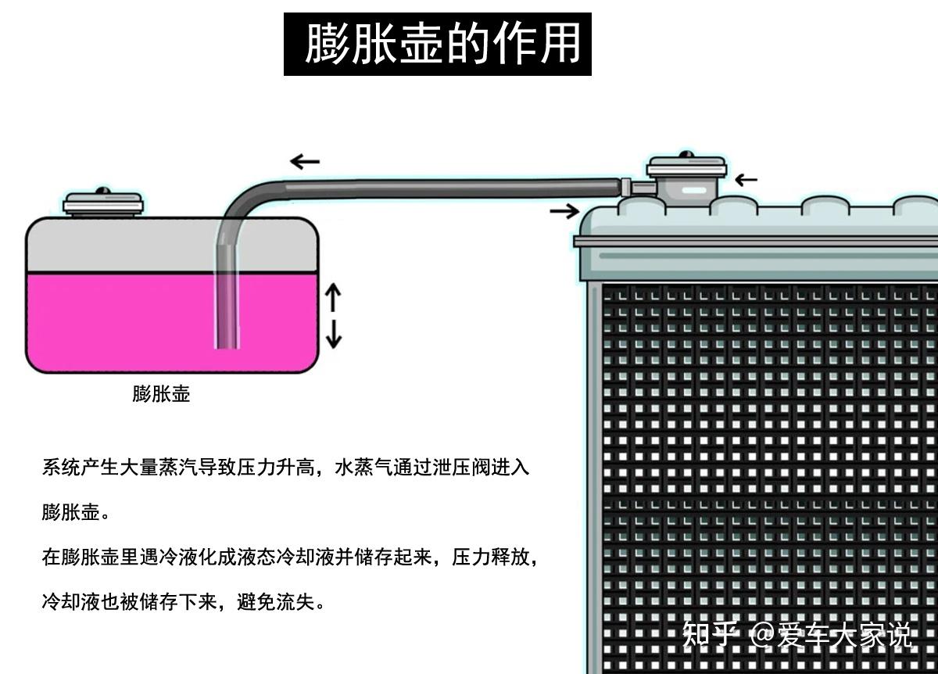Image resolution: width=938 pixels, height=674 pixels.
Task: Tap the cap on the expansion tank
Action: [x=102, y=203]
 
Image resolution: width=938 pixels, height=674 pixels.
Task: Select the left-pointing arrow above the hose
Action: [x=305, y=162]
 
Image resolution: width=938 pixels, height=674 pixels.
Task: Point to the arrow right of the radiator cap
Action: [x=746, y=180]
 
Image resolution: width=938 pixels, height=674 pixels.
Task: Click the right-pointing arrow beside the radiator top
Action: [x=564, y=210]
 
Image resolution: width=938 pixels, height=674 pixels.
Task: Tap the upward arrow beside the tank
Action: [x=334, y=296]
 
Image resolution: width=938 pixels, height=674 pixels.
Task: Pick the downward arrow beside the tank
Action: [x=334, y=335]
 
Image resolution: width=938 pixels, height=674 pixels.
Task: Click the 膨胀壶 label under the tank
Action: [x=161, y=393]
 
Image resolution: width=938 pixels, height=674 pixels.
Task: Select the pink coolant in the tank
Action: [x=117, y=321]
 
